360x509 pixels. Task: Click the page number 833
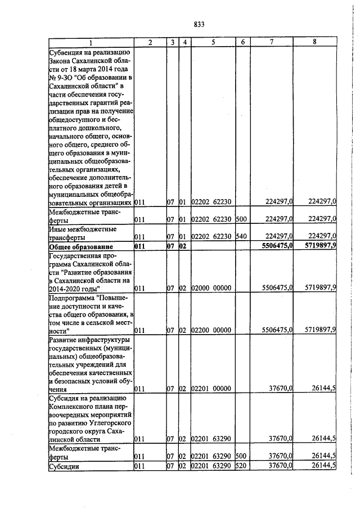click(x=198, y=24)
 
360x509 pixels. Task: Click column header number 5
click(x=213, y=43)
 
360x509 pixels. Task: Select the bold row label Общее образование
click(x=81, y=247)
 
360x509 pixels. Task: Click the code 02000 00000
click(x=212, y=288)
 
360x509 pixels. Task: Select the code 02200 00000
click(x=212, y=330)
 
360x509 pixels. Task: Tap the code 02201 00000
click(x=212, y=389)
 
